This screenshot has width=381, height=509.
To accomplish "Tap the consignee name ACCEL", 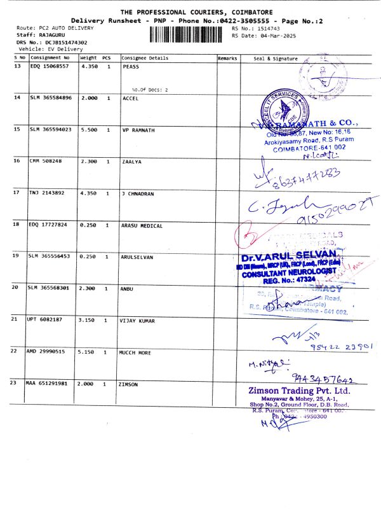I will (x=130, y=98).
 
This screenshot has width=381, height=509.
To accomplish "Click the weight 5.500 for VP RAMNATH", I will (x=89, y=129).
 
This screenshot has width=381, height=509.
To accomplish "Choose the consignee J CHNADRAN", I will (x=137, y=193).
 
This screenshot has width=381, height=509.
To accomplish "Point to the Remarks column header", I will (x=227, y=58).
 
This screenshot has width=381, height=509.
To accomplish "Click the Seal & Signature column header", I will (x=275, y=58).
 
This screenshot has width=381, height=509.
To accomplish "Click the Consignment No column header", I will (x=50, y=58).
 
